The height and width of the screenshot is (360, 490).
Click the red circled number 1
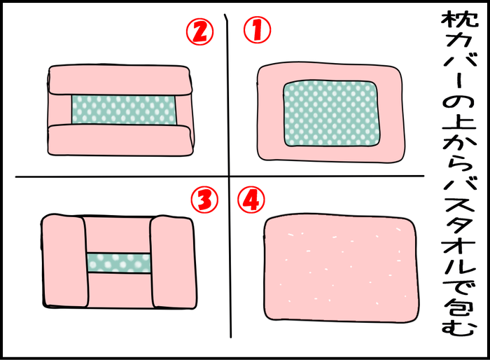(x=257, y=30)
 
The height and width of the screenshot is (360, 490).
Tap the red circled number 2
(x=200, y=32)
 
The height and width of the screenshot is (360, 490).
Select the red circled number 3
(x=204, y=200)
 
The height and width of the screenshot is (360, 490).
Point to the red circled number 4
(x=251, y=200)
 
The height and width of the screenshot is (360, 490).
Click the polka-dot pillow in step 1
(x=332, y=113)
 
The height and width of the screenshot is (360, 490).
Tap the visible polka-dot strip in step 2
(x=124, y=110)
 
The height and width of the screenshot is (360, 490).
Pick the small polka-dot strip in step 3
(x=119, y=263)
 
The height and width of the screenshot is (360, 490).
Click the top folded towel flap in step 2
(x=120, y=80)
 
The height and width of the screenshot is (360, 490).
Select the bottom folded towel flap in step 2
(x=120, y=140)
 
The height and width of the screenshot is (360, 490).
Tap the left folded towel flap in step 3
(x=64, y=261)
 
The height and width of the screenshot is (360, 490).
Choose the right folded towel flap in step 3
(x=173, y=262)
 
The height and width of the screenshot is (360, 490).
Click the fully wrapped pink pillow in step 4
(x=341, y=269)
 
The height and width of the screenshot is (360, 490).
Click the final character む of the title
(x=459, y=328)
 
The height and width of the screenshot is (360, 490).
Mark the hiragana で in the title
(x=459, y=286)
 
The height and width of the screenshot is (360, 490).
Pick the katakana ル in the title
(x=459, y=263)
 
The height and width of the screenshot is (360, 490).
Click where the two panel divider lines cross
(x=230, y=176)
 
